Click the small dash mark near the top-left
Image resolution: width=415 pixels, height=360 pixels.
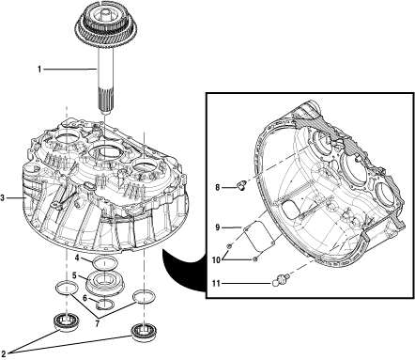coord(48,70)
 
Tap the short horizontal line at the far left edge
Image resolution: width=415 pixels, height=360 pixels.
coord(15,198)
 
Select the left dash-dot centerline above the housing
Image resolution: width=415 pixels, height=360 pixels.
coord(67,122)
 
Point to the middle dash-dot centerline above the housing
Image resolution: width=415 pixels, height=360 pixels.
coord(104,136)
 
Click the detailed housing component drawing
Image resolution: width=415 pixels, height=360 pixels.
coord(105,202)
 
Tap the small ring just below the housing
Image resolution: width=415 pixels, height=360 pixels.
coord(103,262)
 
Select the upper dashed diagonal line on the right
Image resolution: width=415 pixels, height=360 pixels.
coord(287,158)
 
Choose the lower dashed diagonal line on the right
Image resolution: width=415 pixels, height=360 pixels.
coord(324,254)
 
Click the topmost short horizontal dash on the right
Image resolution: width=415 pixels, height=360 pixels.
coord(229,188)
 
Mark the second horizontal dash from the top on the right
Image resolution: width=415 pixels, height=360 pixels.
coord(231,227)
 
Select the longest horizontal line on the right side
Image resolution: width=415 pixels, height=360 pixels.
coord(246,283)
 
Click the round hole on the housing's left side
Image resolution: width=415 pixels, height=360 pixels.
coord(80,199)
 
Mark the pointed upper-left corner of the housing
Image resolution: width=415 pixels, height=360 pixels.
coord(65,146)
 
